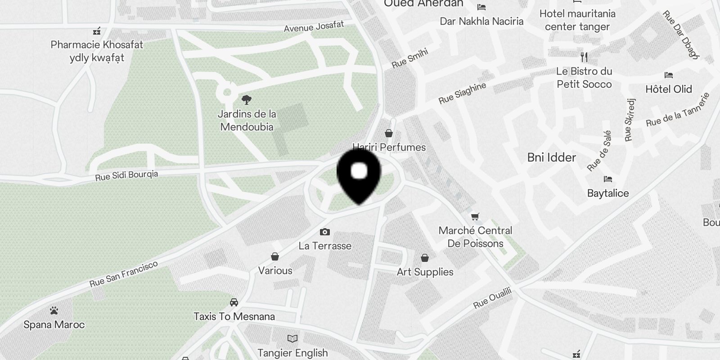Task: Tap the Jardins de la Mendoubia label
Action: (247, 121)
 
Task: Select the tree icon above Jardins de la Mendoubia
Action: (246, 99)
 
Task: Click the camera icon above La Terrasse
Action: (324, 232)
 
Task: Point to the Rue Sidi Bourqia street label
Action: (126, 175)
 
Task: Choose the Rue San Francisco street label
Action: (123, 274)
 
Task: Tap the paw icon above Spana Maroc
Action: (54, 310)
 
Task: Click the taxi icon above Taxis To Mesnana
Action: (234, 302)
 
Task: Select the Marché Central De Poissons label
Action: (475, 237)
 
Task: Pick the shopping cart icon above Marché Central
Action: (475, 217)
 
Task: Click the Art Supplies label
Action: (425, 272)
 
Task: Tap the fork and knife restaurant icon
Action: (584, 57)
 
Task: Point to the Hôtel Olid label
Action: (668, 89)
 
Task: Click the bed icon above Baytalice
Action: (608, 179)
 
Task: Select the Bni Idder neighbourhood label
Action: (551, 157)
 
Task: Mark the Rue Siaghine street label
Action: (462, 93)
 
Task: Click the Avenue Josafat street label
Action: (314, 27)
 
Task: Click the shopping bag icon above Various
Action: (275, 256)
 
